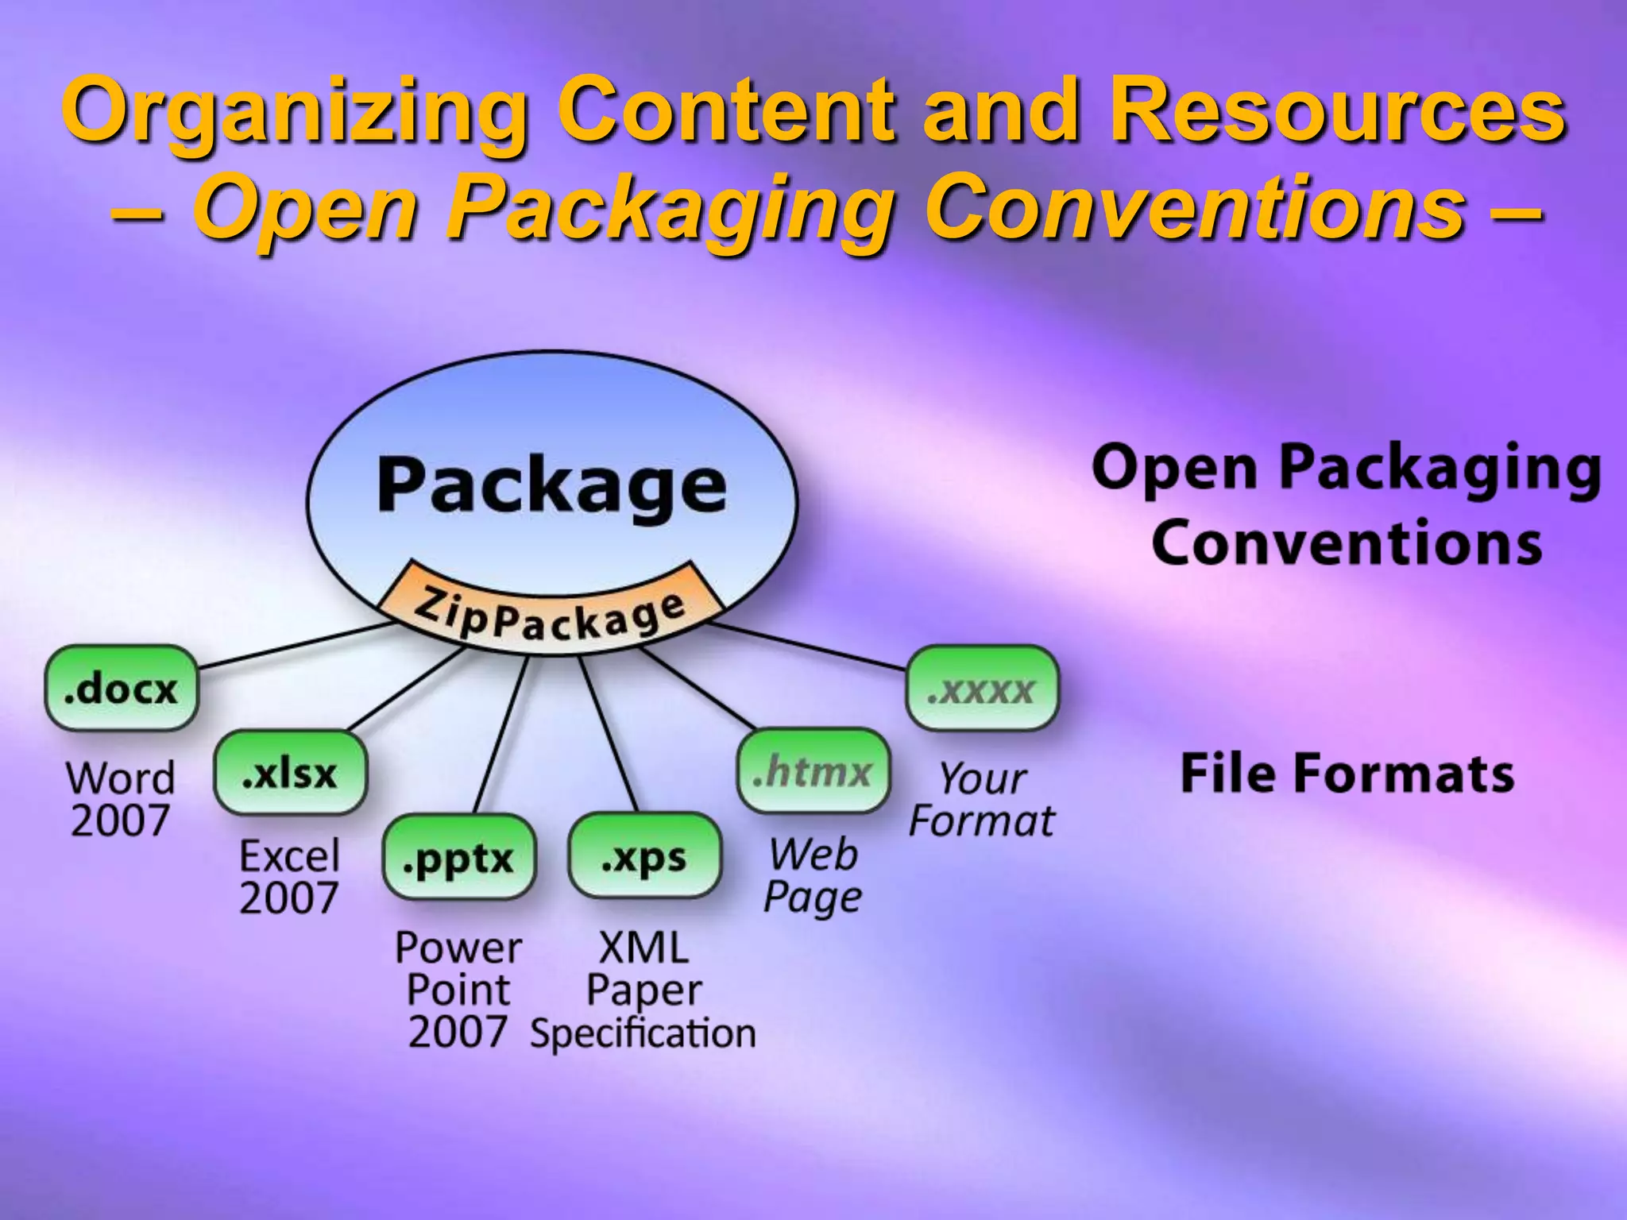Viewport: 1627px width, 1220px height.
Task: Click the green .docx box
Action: pos(121,688)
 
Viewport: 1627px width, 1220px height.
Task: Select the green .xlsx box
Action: pos(290,772)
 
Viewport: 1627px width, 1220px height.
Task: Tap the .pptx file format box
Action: pos(458,857)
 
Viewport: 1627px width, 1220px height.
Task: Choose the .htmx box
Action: pos(813,771)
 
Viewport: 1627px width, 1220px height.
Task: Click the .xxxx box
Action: pos(982,688)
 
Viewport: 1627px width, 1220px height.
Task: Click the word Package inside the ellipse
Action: pos(551,485)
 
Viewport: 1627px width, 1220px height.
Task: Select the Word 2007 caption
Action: pos(120,799)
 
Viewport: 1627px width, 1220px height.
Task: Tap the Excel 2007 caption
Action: pos(289,877)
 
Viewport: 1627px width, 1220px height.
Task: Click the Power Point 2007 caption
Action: pos(458,990)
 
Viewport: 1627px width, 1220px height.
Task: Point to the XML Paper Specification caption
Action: pos(643,990)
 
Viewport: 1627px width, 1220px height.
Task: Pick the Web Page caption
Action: pos(813,876)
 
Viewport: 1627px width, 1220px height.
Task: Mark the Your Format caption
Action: pos(982,799)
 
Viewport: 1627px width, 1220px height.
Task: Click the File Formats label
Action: pos(1347,774)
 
